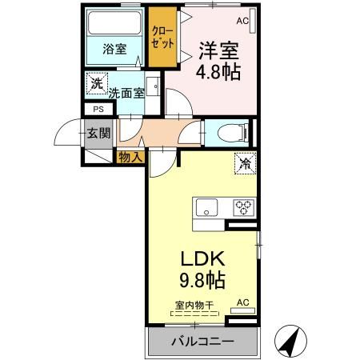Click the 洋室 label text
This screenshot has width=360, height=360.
point(217,50)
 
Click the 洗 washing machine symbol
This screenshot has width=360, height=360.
point(97,83)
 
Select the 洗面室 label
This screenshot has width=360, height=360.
point(126,91)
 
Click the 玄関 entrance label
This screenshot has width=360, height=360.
point(98,134)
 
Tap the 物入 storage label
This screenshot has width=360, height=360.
point(130,156)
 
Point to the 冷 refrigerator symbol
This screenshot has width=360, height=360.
point(244,163)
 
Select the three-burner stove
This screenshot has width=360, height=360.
point(243,209)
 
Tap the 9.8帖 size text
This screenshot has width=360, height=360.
point(201,282)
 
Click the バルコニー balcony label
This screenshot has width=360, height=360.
point(201,342)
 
